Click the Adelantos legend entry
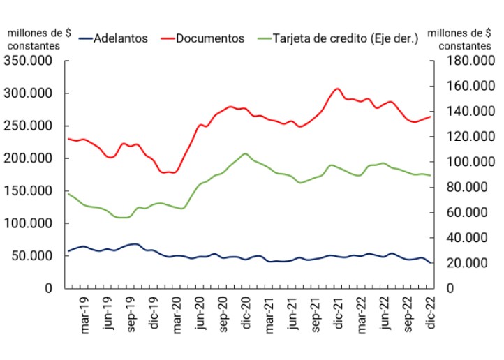pos(119,38)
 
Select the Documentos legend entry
pos(210,38)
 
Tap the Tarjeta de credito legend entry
pos(346,38)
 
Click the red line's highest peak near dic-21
pos(336,89)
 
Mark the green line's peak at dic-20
pos(245,153)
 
